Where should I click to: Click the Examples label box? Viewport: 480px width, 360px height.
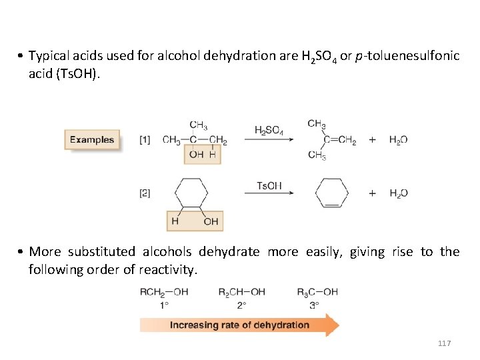click(92, 140)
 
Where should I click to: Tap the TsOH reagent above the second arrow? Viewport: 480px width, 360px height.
click(269, 185)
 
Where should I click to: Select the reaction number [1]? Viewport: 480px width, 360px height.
click(145, 140)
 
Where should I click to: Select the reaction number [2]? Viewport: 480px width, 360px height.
click(145, 193)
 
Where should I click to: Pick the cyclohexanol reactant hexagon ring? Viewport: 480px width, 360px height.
click(193, 193)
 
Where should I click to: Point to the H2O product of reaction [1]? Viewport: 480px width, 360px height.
click(398, 140)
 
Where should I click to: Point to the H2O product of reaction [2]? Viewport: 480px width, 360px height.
click(398, 193)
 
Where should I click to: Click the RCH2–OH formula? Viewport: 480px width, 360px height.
click(164, 291)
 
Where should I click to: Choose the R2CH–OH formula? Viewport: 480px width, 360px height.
click(241, 291)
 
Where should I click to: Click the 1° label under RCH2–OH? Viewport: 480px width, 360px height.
click(163, 304)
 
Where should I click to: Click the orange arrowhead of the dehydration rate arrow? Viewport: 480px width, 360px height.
click(331, 325)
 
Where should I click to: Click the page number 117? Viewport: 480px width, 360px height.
click(445, 343)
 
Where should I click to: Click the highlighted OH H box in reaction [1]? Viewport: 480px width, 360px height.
click(202, 155)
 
